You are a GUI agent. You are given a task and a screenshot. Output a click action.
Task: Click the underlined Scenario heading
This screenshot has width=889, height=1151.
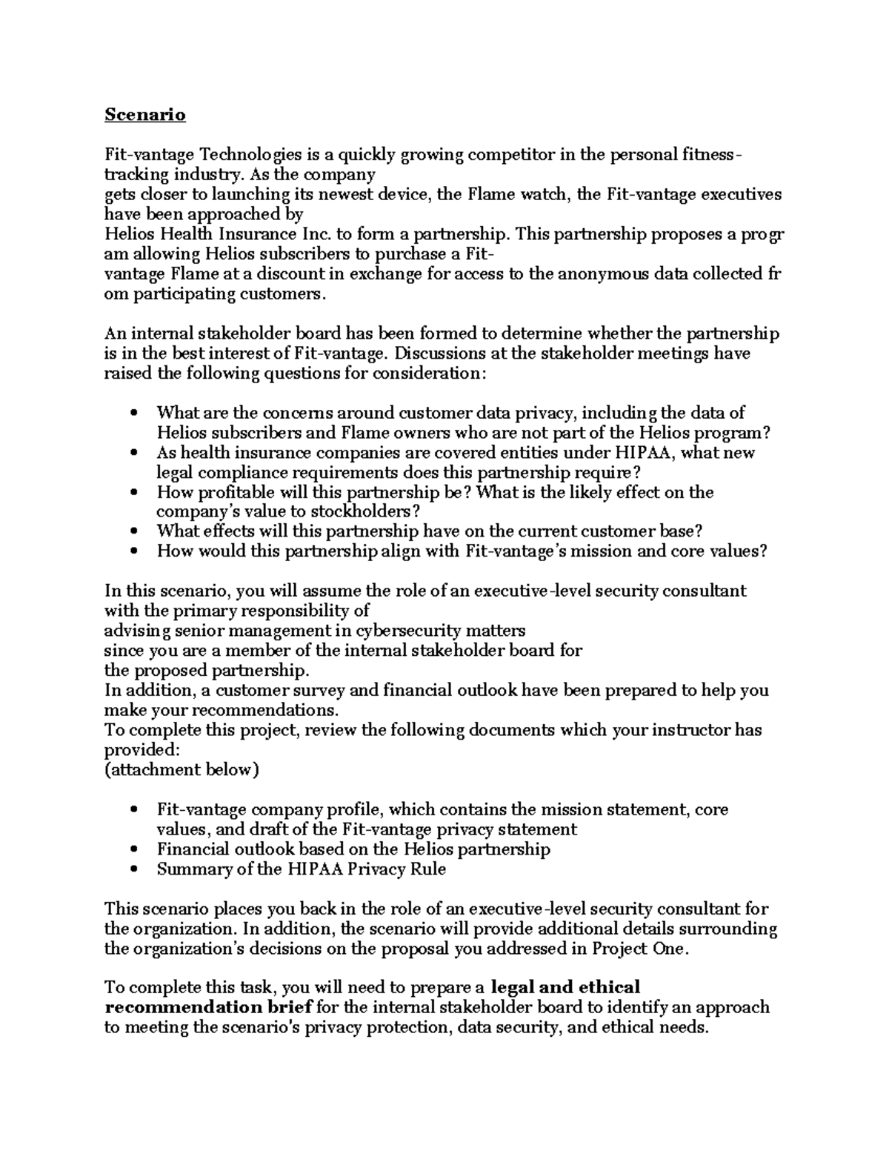pyautogui.click(x=144, y=115)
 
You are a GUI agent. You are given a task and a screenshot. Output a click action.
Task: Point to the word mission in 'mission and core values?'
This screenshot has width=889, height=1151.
pyautogui.click(x=639, y=551)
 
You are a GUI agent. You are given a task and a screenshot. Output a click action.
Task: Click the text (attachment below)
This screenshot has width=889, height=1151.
pyautogui.click(x=182, y=769)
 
